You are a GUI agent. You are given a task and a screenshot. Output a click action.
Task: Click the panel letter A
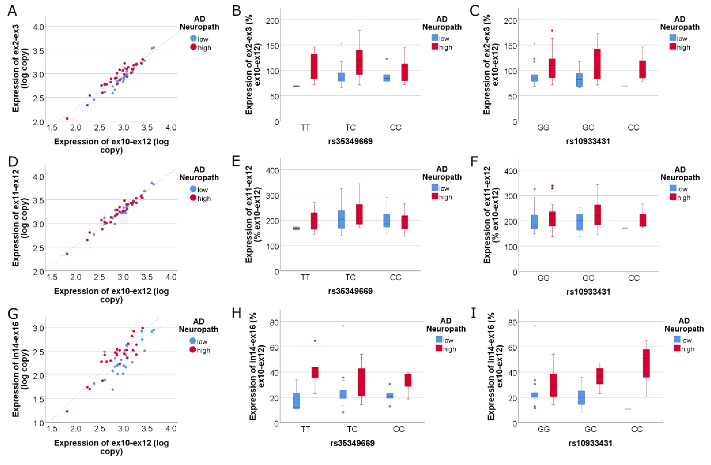12,11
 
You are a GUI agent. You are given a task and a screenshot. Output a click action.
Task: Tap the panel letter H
237,313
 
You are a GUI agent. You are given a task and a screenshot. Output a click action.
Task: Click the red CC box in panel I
646,363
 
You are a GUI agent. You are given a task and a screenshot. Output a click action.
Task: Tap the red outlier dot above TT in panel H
315,341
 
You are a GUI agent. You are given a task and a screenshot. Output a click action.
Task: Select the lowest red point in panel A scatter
67,118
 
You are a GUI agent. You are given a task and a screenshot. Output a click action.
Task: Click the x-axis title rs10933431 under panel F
588,292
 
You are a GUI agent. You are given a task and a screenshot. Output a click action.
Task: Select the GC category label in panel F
588,278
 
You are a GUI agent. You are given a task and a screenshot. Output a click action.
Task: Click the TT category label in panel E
305,277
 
